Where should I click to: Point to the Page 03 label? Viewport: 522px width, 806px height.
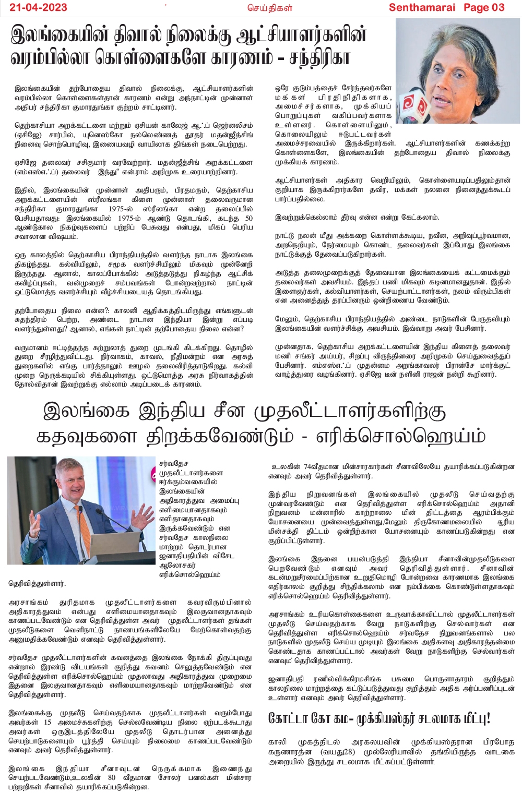click(x=484, y=7)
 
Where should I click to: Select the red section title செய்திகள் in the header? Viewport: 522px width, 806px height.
click(x=269, y=8)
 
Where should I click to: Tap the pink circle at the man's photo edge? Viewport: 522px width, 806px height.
click(x=155, y=474)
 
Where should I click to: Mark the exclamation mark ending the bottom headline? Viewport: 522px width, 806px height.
click(x=488, y=718)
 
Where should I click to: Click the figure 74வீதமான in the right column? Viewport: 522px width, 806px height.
click(x=318, y=466)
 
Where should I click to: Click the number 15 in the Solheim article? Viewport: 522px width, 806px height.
click(x=48, y=722)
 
